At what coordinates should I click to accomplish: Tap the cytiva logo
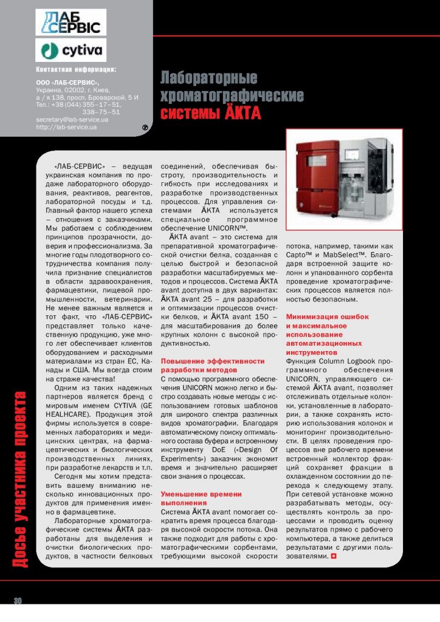point(70,50)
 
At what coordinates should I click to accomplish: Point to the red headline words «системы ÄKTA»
point(210,114)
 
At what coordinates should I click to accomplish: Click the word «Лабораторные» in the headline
point(209,78)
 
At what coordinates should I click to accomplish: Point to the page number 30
point(18,601)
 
